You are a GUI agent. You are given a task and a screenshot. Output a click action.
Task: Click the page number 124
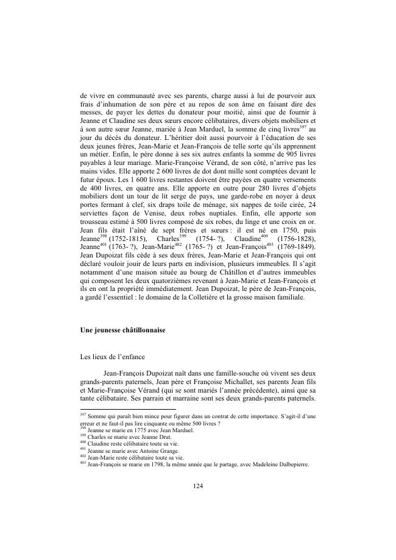(198, 486)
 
